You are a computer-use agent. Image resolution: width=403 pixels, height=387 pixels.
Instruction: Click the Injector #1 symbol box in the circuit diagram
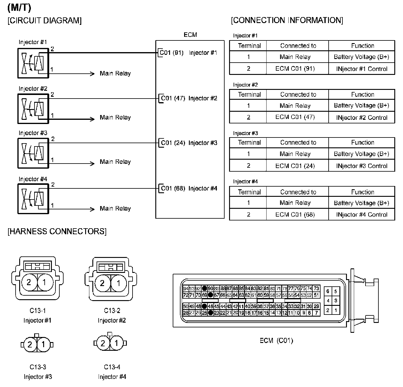[33, 63]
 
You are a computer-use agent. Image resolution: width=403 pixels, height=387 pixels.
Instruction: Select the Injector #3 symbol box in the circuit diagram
[33, 153]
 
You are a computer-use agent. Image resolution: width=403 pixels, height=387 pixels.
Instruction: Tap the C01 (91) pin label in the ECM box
[172, 53]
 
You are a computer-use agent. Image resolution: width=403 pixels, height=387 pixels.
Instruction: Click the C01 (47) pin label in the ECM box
[173, 98]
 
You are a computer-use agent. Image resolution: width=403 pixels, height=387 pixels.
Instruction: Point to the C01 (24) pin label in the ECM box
[173, 143]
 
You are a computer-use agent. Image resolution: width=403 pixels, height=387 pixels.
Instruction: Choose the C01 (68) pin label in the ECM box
[173, 188]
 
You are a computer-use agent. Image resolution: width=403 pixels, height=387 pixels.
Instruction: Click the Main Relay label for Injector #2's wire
[115, 117]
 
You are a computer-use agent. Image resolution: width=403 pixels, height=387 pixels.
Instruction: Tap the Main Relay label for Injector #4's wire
[115, 208]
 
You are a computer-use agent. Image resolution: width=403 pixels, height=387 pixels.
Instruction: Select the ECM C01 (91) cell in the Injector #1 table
[295, 69]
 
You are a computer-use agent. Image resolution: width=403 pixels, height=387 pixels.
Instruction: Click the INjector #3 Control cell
[362, 166]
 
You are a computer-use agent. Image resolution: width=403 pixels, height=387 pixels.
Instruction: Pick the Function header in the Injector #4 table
[363, 192]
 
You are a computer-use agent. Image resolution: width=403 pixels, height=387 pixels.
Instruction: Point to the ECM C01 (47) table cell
[295, 117]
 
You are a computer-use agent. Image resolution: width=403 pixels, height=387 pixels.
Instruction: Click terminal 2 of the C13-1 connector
[29, 282]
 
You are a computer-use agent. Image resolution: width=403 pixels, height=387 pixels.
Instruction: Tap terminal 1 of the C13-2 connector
[118, 283]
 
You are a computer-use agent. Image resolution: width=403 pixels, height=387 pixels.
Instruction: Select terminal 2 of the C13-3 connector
[30, 344]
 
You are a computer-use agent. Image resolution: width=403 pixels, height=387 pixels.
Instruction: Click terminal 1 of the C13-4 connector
[116, 343]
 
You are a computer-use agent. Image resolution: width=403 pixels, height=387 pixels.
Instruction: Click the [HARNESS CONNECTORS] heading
[57, 231]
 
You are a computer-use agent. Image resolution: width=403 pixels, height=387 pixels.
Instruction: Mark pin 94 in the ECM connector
[186, 289]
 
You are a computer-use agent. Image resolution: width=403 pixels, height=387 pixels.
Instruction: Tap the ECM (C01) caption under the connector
[276, 341]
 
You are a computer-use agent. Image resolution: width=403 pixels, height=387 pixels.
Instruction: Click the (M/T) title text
[19, 8]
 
